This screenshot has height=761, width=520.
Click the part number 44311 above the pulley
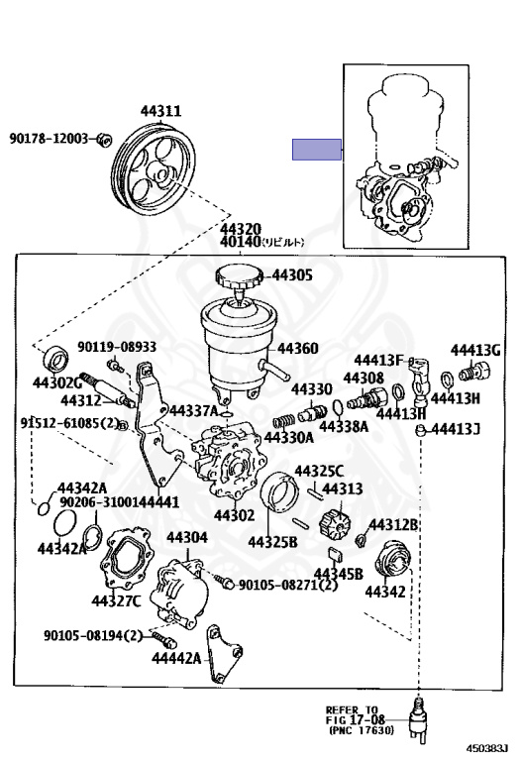159,112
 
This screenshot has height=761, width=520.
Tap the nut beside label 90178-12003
105,139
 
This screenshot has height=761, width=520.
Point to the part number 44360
297,349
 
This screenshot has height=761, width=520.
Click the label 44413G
475,350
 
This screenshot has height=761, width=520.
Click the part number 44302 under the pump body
234,515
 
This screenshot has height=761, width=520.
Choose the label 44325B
272,542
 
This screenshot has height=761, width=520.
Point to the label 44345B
338,574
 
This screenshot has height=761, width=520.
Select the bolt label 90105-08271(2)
288,586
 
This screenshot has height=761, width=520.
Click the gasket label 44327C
117,600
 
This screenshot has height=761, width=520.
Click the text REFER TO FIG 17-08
352,716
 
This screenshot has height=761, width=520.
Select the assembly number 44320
240,228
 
